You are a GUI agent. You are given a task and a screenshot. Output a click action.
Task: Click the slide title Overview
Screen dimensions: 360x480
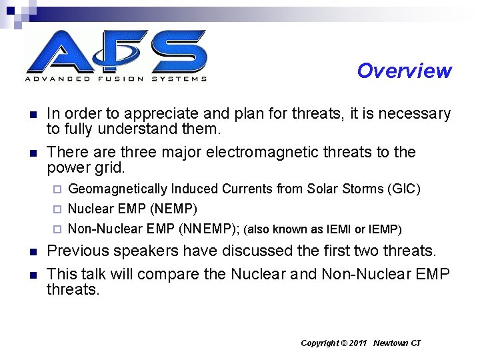pyautogui.click(x=404, y=71)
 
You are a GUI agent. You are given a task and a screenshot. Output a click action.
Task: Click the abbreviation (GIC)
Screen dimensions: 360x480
pyautogui.click(x=403, y=189)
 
